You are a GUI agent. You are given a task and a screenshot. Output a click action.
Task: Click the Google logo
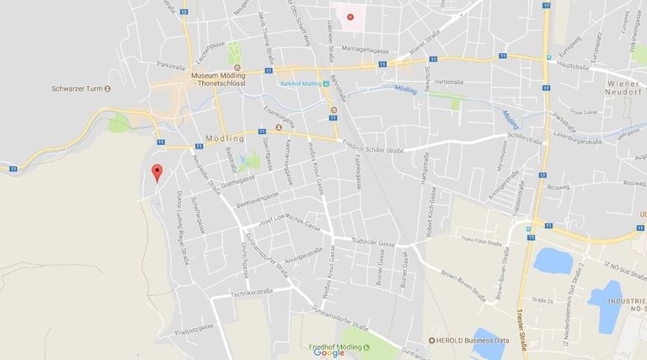[x=329, y=353]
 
